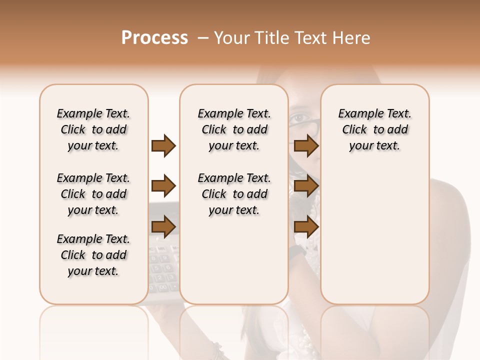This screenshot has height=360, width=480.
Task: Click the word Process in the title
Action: click(x=154, y=38)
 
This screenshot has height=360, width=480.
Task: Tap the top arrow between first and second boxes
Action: click(x=163, y=146)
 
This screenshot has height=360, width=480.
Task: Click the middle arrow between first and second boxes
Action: click(x=163, y=186)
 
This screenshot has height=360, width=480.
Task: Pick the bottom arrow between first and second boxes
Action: click(x=163, y=227)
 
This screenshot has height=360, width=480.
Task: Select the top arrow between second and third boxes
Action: click(x=306, y=146)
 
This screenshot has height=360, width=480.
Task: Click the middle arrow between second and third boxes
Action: click(x=306, y=186)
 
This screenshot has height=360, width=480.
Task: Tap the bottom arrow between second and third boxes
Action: click(x=306, y=227)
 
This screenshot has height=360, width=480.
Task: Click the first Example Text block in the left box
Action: click(x=93, y=129)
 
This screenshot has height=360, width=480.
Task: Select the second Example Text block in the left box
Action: click(x=93, y=194)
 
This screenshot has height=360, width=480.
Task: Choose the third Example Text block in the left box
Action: click(x=93, y=255)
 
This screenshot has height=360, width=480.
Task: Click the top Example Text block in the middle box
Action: click(x=234, y=129)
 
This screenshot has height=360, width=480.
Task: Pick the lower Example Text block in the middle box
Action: click(x=234, y=194)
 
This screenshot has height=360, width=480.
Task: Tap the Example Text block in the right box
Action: click(x=374, y=129)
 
